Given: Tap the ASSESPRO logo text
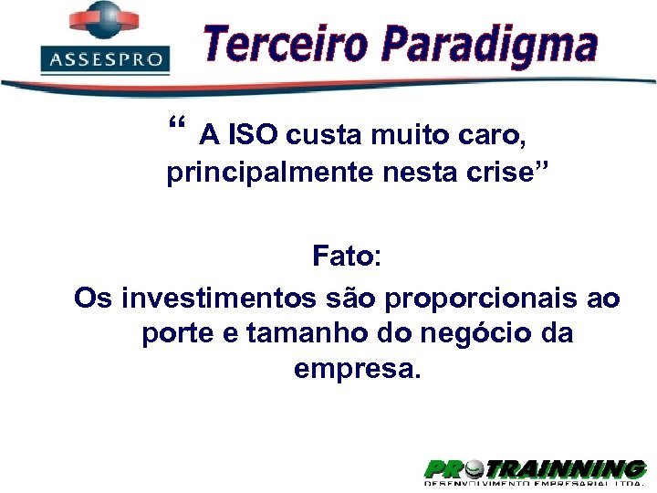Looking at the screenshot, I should tap(106, 60).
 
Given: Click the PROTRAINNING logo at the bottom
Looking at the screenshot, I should tap(535, 470).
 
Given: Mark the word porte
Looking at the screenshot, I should tap(178, 334).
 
